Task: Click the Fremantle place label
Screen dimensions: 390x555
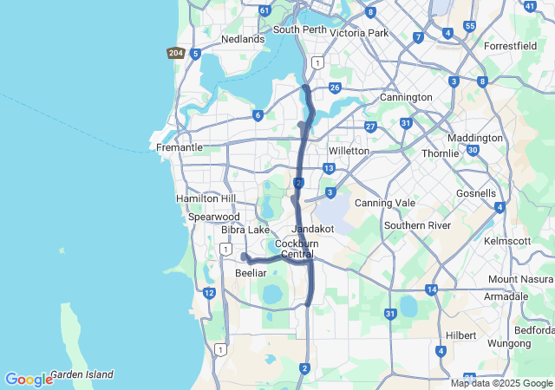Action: [x=180, y=147]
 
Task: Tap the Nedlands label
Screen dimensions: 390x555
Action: [x=243, y=39]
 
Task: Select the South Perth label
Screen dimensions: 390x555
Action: [x=299, y=29]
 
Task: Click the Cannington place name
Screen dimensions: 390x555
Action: [x=406, y=97]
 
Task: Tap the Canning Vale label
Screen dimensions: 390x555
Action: [x=385, y=203]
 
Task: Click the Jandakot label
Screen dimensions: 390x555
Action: [x=314, y=228]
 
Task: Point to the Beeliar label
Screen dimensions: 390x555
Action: [x=251, y=273]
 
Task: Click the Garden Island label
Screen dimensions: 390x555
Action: [x=82, y=375]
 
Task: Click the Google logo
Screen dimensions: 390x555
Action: [x=28, y=380]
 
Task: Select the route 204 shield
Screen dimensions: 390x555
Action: [x=175, y=53]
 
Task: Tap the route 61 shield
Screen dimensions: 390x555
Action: [x=264, y=10]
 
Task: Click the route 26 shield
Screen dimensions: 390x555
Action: [x=335, y=87]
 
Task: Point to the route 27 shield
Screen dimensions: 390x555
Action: [x=370, y=127]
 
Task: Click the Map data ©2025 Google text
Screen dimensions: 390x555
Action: [x=501, y=383]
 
